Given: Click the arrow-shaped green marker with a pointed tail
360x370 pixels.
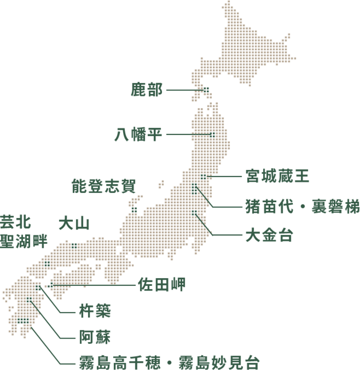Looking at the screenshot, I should pyautogui.click(x=208, y=87).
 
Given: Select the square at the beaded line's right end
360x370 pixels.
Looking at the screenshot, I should pyautogui.click(x=212, y=134).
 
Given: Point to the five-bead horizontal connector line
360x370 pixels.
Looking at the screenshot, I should pyautogui.click(x=201, y=134).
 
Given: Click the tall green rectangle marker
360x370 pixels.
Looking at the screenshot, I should pyautogui.click(x=194, y=189).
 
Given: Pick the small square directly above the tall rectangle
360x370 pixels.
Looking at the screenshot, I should pyautogui.click(x=203, y=177).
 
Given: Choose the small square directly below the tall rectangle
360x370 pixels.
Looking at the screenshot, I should pyautogui.click(x=194, y=212).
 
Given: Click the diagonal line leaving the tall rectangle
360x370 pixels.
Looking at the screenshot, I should pyautogui.click(x=203, y=195).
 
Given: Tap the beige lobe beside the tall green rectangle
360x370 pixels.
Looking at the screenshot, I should pyautogui.click(x=215, y=191).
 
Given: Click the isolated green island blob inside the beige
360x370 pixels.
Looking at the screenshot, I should pyautogui.click(x=135, y=209).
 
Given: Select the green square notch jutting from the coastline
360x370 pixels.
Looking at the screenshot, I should pyautogui.click(x=74, y=242).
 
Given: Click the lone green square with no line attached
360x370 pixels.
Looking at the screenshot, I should pyautogui.click(x=47, y=264).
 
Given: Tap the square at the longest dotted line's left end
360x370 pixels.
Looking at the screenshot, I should pyautogui.click(x=50, y=284).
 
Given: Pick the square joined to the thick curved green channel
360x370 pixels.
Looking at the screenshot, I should pyautogui.click(x=38, y=288).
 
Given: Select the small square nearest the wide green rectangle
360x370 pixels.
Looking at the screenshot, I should pyautogui.click(x=29, y=300).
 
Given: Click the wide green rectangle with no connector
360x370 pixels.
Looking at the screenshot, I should pyautogui.click(x=23, y=321).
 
